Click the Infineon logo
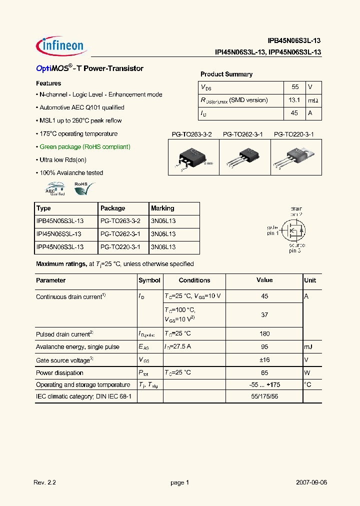pos(61,45)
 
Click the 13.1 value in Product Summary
pos(294,100)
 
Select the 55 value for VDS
pos(294,87)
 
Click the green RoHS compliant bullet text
pos(85,147)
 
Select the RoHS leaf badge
pos(83,188)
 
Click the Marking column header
pos(162,208)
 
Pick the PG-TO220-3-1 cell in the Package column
pos(120,247)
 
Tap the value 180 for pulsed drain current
pos(264,334)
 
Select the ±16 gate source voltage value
pos(264,360)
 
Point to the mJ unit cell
pos(309,347)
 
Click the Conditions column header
pos(194,280)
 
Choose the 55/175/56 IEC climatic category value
pos(264,397)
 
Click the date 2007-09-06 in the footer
pos(311,482)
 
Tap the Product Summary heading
pos(226,74)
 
